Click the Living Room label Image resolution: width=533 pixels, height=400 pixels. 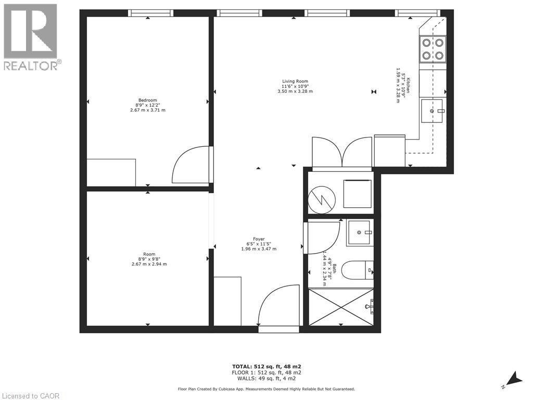click(295, 81)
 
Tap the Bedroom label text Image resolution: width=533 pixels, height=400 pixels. click(147, 100)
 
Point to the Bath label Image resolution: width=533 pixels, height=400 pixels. click(335, 269)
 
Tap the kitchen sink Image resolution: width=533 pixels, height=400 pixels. click(432, 111)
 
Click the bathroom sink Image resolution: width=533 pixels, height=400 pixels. click(359, 232)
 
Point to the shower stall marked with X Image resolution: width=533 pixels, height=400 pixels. click(341, 307)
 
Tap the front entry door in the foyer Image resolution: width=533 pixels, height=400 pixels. click(278, 307)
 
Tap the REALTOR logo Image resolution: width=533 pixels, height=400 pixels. click(31, 37)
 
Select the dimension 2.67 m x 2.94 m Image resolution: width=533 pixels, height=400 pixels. click(149, 264)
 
